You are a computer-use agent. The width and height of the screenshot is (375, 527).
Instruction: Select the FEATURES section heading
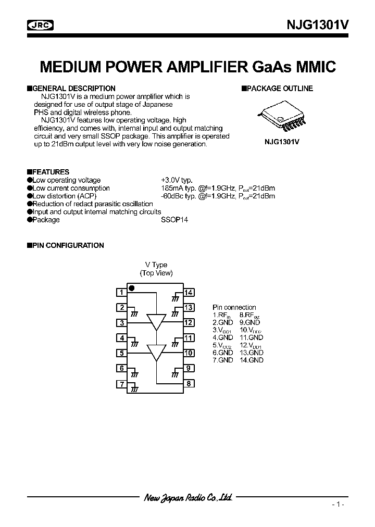(x=50, y=172)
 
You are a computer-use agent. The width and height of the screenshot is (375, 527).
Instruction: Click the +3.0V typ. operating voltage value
(x=177, y=180)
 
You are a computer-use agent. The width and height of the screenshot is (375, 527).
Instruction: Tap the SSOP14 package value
(x=174, y=220)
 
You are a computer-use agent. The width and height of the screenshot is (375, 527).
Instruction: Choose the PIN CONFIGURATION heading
(x=68, y=245)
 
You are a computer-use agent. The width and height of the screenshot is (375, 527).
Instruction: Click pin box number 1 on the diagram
(x=121, y=292)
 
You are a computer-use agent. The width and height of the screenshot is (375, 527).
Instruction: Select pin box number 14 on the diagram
(x=189, y=292)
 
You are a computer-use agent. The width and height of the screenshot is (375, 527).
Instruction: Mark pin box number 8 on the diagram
(x=189, y=384)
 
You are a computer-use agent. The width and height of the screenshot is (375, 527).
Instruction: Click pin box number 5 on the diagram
(x=121, y=353)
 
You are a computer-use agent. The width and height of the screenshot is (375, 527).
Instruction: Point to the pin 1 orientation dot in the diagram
(x=132, y=288)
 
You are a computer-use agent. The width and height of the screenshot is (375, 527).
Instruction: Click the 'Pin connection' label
(x=234, y=307)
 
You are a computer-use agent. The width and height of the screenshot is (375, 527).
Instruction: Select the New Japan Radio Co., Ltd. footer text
(x=188, y=498)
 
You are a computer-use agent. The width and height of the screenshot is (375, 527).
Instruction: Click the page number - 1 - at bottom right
(x=338, y=504)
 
